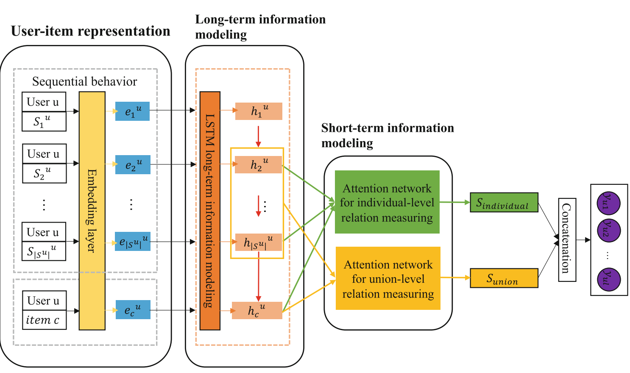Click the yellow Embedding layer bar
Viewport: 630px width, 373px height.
click(x=92, y=211)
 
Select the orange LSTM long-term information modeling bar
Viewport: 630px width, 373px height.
click(x=210, y=211)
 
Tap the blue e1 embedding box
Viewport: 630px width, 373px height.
click(x=132, y=111)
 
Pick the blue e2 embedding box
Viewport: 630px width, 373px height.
click(x=133, y=164)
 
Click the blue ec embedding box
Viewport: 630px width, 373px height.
click(x=133, y=310)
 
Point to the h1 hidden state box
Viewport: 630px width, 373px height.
click(x=259, y=111)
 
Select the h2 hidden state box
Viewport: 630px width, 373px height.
click(x=258, y=164)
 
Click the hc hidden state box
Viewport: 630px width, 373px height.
click(x=257, y=310)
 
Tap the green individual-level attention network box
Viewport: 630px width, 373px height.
click(x=387, y=202)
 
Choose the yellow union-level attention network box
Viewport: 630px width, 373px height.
click(x=388, y=278)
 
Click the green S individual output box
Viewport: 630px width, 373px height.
click(x=504, y=203)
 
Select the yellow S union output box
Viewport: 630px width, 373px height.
click(x=504, y=278)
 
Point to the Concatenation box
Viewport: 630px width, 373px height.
click(x=567, y=239)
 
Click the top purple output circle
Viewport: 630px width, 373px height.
click(x=608, y=203)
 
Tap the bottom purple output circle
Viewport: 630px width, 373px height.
click(x=608, y=279)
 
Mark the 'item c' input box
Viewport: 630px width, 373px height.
click(x=44, y=320)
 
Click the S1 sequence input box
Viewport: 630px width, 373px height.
click(x=44, y=122)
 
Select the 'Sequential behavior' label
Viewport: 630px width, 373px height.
click(x=85, y=81)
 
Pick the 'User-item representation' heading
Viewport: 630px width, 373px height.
click(x=90, y=31)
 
